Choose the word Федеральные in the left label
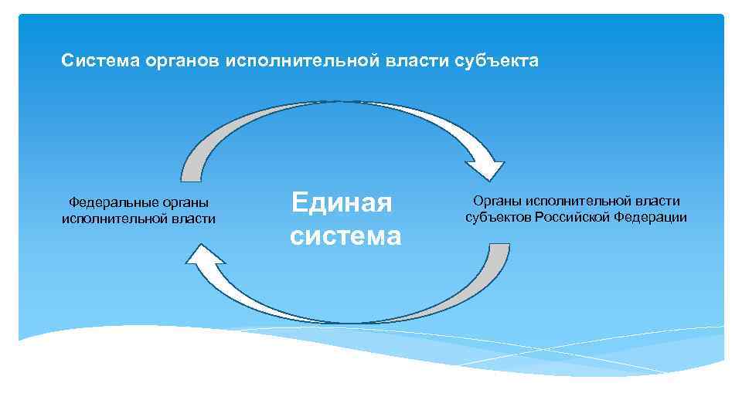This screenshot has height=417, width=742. coord(109,203)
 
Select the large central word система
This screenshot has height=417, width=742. coord(345,236)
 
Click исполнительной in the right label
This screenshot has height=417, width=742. coord(576,201)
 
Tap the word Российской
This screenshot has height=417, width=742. coord(574,217)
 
